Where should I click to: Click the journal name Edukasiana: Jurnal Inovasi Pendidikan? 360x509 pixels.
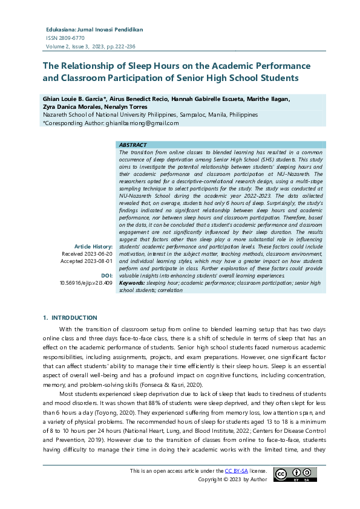(x=94, y=29)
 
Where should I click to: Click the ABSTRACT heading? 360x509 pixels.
(x=133, y=145)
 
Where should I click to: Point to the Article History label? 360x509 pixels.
(x=93, y=247)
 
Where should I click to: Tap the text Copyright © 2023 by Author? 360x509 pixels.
(x=232, y=479)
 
